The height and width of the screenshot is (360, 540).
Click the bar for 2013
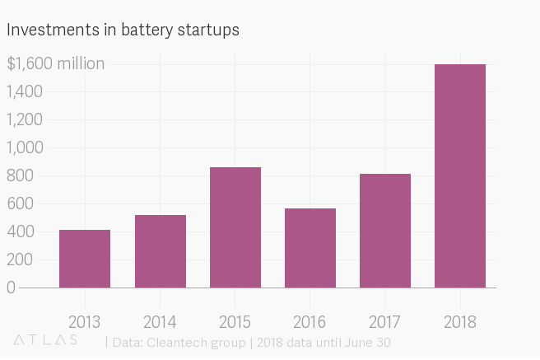[85, 259]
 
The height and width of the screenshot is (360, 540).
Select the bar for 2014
[160, 251]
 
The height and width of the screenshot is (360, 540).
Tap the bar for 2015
[235, 227]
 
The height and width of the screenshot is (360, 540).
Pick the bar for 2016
[310, 248]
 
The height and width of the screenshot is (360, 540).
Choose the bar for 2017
[385, 231]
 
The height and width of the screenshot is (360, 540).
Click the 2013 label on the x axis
[85, 320]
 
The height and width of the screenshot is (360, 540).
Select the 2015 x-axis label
[235, 320]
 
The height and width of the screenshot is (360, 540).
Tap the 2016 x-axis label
[310, 320]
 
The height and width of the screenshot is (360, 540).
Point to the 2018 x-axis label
[460, 320]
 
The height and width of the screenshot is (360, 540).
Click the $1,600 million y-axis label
[55, 63]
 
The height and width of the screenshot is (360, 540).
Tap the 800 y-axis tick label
[21, 175]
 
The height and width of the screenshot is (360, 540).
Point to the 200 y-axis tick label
[21, 259]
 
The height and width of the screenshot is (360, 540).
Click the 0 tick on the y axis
[11, 288]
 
